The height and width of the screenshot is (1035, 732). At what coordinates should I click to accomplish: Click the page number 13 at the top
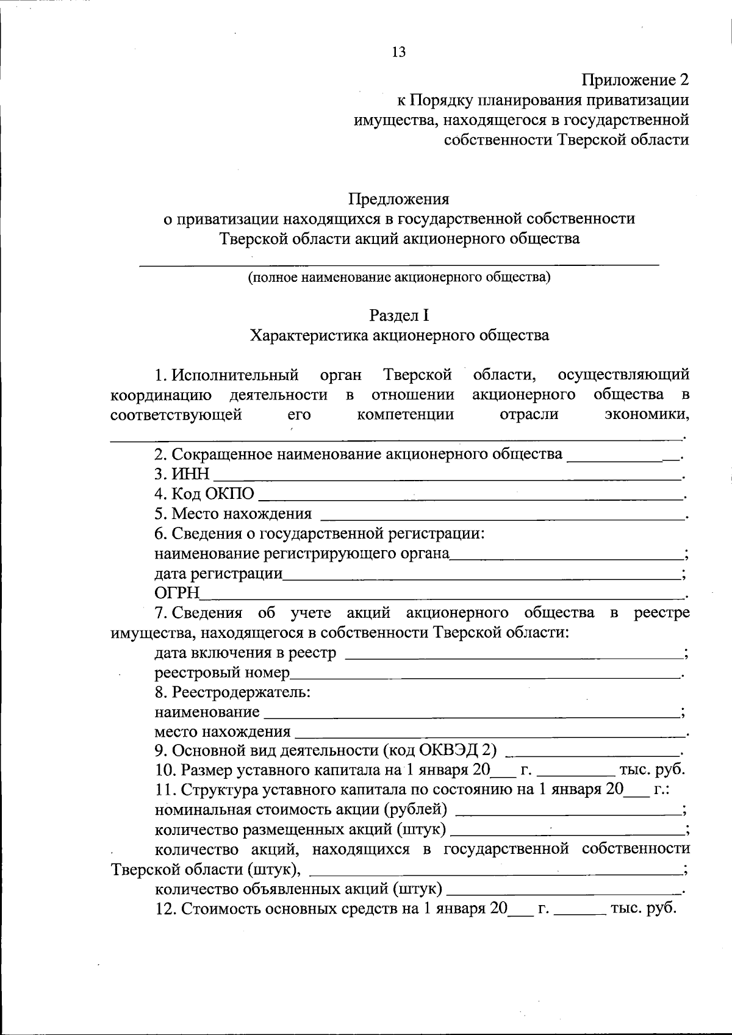398,52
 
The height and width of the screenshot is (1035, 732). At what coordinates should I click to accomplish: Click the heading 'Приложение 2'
635,80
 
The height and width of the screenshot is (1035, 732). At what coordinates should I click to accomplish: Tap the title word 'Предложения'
399,199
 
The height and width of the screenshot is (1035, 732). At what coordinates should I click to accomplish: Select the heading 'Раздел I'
399,315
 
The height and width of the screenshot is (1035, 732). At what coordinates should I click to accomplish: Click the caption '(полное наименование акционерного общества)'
399,278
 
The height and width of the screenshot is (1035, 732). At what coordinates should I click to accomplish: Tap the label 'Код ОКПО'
204,494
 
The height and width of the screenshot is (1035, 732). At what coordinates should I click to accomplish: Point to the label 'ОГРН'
178,593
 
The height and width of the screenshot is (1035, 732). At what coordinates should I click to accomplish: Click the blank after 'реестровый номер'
485,675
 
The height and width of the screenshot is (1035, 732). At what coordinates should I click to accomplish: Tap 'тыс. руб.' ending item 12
644,909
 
